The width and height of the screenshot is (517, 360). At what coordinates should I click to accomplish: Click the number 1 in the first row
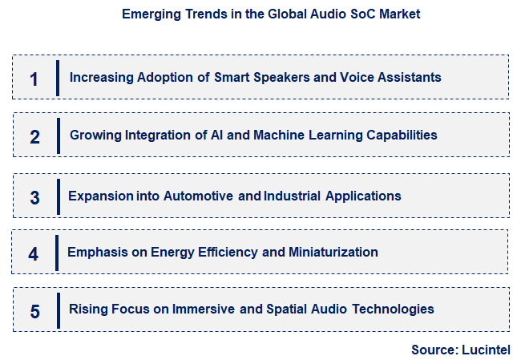click(34, 79)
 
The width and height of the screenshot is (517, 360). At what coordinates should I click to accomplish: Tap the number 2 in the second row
click(34, 136)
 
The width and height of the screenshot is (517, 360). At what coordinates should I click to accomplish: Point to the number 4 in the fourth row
click(33, 254)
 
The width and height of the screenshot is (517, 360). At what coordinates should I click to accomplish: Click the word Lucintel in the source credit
click(484, 350)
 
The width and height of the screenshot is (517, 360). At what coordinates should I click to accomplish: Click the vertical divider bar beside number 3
click(58, 197)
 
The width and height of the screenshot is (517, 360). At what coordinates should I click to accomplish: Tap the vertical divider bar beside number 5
click(58, 309)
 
